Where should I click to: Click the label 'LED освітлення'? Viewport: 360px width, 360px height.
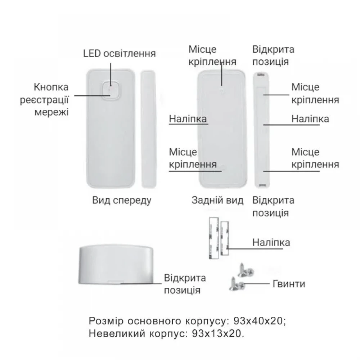(x=119, y=54)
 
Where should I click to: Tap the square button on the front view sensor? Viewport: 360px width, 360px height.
(x=111, y=91)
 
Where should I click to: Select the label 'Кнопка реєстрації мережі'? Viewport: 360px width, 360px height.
(x=45, y=100)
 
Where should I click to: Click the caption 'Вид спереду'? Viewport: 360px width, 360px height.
(x=122, y=200)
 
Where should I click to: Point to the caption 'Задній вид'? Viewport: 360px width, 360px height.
(x=217, y=200)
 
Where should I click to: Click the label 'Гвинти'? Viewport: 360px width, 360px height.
(x=289, y=284)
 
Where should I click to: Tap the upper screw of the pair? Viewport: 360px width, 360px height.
(x=245, y=270)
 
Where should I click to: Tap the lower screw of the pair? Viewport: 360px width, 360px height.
(x=237, y=284)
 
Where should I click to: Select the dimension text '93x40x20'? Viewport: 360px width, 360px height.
(x=258, y=321)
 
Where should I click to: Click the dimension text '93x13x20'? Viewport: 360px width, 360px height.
(x=216, y=334)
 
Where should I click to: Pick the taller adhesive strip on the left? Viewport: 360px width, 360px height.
(x=214, y=238)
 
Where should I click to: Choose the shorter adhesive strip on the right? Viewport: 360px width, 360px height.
(x=224, y=239)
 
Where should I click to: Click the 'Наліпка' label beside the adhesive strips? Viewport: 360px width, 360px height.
(x=271, y=242)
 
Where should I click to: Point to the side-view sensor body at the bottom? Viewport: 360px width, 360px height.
(x=116, y=265)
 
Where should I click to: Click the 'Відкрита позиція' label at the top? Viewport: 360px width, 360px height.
(x=273, y=55)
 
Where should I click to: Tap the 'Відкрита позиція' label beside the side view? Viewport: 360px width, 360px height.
(x=185, y=284)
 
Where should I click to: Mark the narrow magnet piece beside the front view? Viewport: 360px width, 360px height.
(x=149, y=129)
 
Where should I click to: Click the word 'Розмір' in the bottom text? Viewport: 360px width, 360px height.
(x=106, y=321)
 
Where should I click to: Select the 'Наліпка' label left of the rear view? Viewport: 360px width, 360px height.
(x=188, y=119)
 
